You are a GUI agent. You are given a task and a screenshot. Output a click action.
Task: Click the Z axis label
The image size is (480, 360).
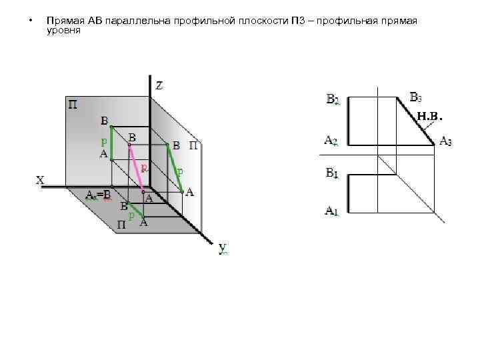pos(160,85)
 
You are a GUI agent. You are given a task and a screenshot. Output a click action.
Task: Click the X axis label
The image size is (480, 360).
pos(40,180)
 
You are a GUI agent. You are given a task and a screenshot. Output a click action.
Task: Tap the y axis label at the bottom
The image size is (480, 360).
pos(223,248)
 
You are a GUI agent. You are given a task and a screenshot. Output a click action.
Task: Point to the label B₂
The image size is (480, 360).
pos(333,100)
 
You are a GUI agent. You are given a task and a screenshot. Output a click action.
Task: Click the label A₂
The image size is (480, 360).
pos(331,141)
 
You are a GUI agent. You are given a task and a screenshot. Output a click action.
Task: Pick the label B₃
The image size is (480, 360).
pos(415,97)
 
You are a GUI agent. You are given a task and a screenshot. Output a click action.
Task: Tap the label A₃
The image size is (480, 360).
pos(445,142)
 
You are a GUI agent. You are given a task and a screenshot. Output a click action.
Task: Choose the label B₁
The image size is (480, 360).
pos(332,173)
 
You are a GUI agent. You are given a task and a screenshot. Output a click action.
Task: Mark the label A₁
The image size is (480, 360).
pos(332,211)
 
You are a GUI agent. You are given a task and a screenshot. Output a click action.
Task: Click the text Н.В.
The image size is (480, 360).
pos(429,117)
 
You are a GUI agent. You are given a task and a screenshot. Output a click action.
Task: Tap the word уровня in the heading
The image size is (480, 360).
pos(63,31)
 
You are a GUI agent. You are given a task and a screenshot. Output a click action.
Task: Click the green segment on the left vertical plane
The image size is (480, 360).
pos(111,143)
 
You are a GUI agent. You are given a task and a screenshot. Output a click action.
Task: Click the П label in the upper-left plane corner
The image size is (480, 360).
pos(72,105)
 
